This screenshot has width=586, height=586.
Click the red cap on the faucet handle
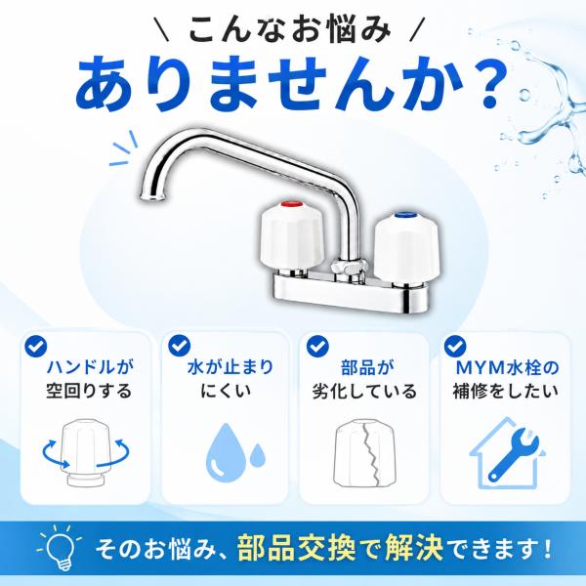point(292,205)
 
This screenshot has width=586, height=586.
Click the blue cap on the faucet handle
point(406,215)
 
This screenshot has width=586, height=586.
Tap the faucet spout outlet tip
point(151,197)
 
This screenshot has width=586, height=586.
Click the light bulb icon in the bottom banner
point(60,548)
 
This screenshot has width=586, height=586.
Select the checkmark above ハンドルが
point(36,346)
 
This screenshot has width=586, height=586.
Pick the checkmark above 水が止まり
point(180,346)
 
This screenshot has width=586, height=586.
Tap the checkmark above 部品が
point(317,346)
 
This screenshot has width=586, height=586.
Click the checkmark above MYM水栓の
point(455,346)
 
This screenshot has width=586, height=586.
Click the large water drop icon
point(226,453)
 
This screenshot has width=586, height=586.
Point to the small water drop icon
point(258,455)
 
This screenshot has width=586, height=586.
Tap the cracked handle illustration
point(364,453)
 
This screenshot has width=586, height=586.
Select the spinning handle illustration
point(86,452)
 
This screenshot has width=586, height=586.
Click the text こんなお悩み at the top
point(290,30)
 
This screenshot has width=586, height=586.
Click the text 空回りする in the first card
point(89,391)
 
